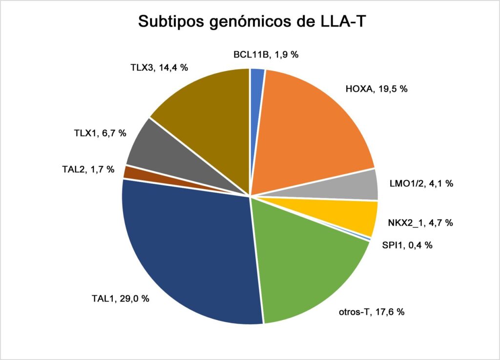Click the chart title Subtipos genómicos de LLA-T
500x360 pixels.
(x=252, y=21)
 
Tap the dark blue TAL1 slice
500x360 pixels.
(x=188, y=255)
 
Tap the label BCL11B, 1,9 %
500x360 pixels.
(x=266, y=55)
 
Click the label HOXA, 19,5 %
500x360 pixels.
(x=376, y=89)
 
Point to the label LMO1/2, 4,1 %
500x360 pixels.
(x=421, y=183)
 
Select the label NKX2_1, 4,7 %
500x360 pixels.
(x=420, y=223)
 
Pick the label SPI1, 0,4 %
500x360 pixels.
(x=407, y=245)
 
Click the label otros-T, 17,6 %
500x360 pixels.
(x=372, y=312)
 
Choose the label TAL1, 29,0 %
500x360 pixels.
(x=121, y=299)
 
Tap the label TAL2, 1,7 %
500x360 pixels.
(x=88, y=169)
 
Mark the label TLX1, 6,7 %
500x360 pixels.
(x=100, y=133)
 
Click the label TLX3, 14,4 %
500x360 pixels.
(x=159, y=67)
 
